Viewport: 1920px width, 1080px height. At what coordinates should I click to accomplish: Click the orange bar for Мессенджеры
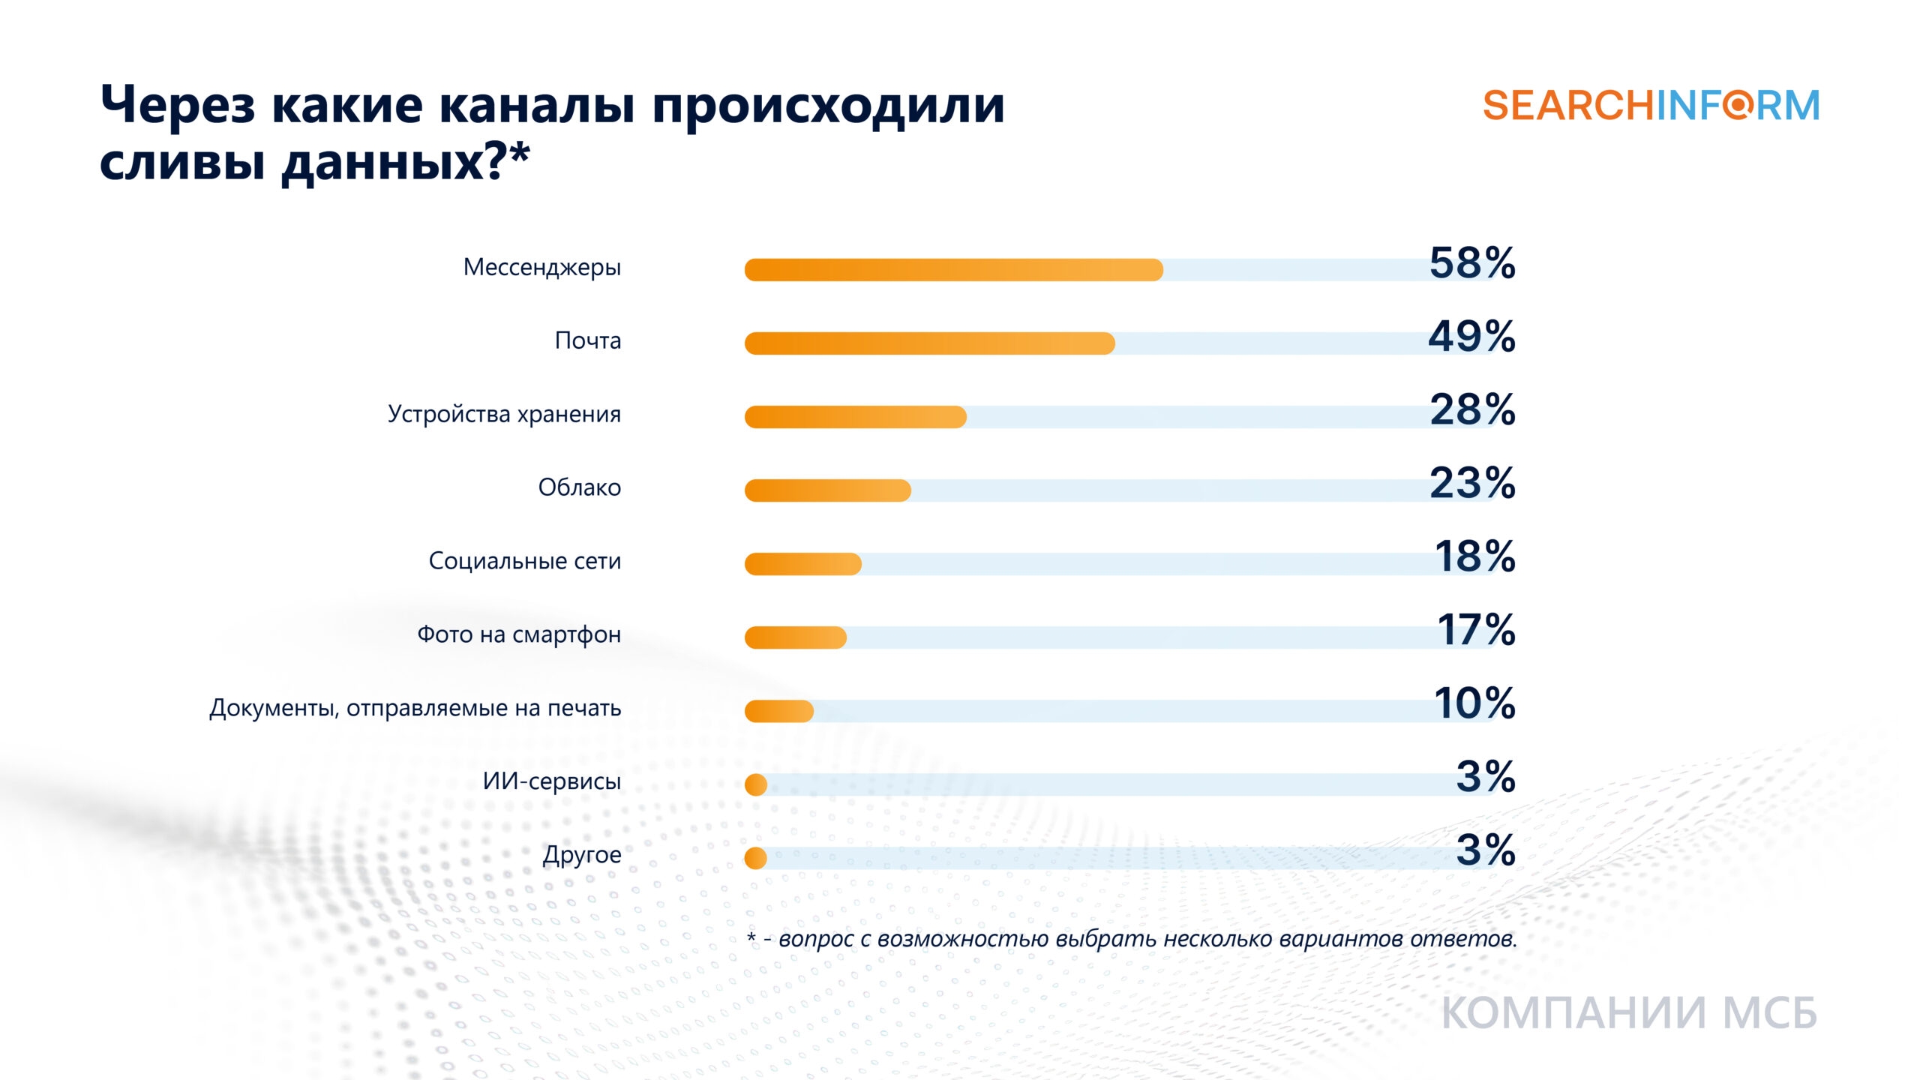click(952, 270)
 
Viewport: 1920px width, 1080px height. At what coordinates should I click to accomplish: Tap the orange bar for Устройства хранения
click(855, 417)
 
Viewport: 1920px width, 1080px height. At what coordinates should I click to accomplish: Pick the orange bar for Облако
click(827, 490)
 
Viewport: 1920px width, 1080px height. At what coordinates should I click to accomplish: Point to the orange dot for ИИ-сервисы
click(756, 784)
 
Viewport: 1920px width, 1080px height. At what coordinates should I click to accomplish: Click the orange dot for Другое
click(756, 858)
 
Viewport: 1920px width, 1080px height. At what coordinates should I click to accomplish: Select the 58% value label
click(1472, 263)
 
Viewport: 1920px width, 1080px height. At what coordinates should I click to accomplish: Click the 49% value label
click(1471, 337)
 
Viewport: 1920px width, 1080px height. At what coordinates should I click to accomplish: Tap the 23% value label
click(1472, 484)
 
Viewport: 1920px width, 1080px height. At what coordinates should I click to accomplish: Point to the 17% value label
click(1476, 631)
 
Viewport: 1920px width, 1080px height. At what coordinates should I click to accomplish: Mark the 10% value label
click(1474, 704)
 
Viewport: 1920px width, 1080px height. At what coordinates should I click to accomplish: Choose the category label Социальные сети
click(524, 561)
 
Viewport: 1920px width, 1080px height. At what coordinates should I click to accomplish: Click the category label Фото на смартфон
click(518, 634)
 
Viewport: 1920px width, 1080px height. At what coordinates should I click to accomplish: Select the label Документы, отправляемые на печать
click(415, 708)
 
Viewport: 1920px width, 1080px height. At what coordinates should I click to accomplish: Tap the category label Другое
click(581, 855)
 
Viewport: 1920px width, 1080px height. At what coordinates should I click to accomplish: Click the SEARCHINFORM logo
click(1651, 106)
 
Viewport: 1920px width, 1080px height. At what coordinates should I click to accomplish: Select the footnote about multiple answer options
click(1132, 939)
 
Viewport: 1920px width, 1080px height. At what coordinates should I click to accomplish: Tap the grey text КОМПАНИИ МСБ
click(1629, 1014)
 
